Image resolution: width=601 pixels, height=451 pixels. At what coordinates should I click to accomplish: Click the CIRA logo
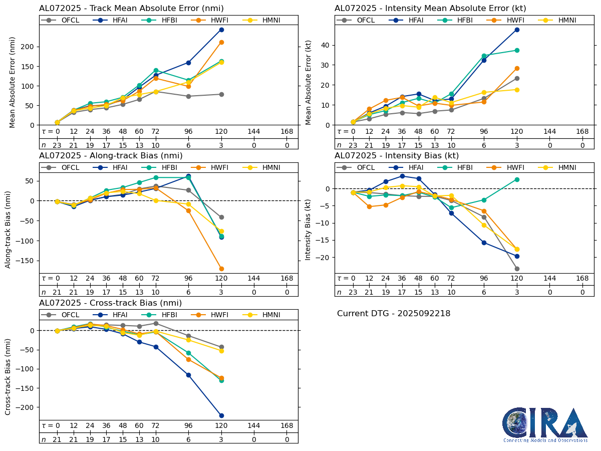(545, 424)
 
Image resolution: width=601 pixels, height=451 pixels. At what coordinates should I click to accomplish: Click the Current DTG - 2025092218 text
(393, 314)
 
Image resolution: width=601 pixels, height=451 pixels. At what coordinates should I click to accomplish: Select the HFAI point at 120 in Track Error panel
(221, 30)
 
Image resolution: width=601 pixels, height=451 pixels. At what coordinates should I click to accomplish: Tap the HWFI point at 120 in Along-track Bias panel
(221, 269)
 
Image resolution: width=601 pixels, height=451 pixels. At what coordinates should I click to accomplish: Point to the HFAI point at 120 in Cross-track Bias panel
(221, 415)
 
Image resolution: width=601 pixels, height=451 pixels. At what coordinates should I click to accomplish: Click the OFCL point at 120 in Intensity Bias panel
(517, 269)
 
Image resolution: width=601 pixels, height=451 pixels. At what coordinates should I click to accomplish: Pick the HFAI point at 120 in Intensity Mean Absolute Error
(517, 30)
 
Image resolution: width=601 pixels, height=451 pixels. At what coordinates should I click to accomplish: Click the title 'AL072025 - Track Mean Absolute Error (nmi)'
(131, 9)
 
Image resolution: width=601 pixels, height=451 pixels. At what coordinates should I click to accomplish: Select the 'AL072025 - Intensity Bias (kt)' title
(397, 156)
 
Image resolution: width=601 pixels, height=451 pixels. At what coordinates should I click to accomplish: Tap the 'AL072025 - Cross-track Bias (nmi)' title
(110, 303)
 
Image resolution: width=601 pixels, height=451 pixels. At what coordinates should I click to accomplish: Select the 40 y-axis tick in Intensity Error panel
(326, 45)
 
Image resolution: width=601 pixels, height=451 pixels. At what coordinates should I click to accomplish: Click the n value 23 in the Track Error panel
(57, 145)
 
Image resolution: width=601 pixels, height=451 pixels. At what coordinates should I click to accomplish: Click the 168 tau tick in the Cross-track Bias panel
(287, 426)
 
